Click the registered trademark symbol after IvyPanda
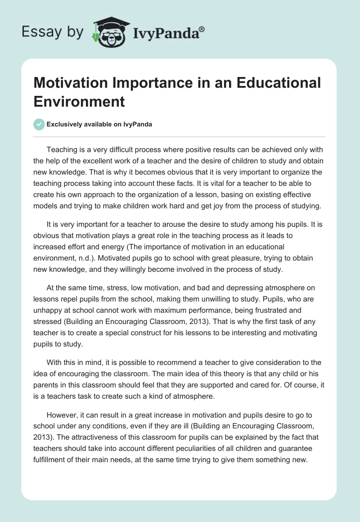click(x=202, y=29)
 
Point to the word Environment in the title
click(x=79, y=102)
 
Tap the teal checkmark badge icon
click(x=40, y=124)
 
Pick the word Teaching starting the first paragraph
click(x=62, y=149)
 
